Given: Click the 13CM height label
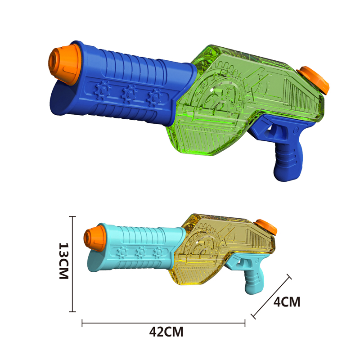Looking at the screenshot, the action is pos(64,261).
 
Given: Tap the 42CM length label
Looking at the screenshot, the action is pos(166,332).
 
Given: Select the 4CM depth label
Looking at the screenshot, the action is pos(287,301).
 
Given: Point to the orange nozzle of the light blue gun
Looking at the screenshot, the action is pos(94,238).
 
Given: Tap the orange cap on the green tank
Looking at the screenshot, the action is pos(313,80).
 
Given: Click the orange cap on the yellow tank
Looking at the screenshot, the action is pos(266,227).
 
